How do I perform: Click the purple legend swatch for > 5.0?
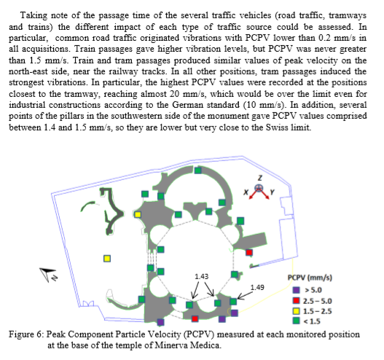click(297, 290)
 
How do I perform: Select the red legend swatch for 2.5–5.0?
click(297, 300)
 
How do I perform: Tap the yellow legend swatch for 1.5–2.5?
click(297, 311)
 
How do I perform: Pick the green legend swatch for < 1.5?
click(297, 321)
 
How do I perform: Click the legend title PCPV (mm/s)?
click(310, 278)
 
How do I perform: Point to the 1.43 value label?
click(202, 276)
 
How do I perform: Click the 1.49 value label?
click(257, 287)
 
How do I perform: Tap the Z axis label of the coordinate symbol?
click(260, 178)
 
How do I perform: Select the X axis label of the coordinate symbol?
click(246, 192)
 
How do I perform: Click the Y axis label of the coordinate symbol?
click(272, 192)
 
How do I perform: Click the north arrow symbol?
click(48, 275)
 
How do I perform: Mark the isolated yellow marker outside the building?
click(107, 259)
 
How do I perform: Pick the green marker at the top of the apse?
click(198, 171)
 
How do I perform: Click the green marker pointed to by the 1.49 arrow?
click(233, 302)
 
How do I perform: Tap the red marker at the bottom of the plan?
click(195, 318)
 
